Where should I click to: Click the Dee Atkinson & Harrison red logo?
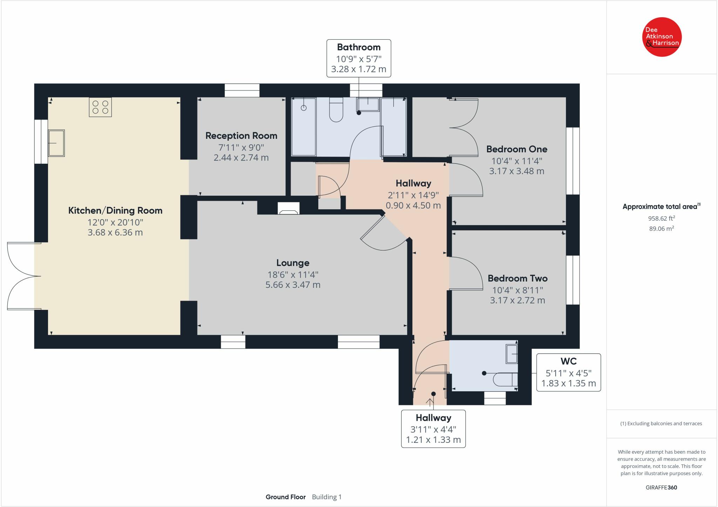[x=662, y=37]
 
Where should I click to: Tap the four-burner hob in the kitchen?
[x=100, y=107]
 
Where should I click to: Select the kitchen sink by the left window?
[x=56, y=143]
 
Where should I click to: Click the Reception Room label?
[x=241, y=136]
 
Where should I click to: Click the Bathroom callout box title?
[x=359, y=47]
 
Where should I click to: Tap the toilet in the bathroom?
[x=336, y=110]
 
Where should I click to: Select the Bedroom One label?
[x=517, y=149]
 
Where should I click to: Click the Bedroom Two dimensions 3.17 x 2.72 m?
[x=517, y=300]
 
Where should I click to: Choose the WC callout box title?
[x=569, y=361]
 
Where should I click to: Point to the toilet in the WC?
[x=505, y=379]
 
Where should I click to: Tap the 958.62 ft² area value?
[x=662, y=218]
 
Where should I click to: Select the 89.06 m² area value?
[x=662, y=228]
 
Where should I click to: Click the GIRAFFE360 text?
[x=662, y=487]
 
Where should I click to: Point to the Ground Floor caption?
[x=285, y=497]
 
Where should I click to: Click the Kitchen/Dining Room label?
[x=115, y=210]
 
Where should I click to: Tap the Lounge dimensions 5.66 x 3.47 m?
[x=293, y=285]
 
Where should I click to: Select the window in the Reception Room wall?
[x=242, y=90]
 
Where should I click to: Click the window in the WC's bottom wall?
[x=495, y=398]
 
